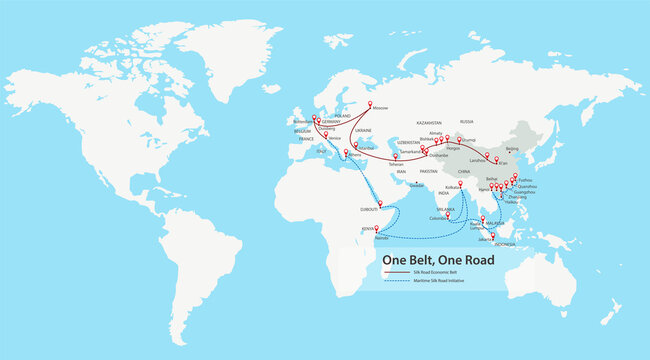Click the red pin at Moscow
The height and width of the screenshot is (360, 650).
[371, 103]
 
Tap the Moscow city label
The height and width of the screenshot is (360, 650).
[380, 108]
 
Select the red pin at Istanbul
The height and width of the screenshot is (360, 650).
[356, 143]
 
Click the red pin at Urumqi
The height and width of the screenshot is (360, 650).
[459, 139]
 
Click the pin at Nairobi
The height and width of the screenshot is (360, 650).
[377, 230]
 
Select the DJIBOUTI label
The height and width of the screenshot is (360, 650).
[369, 210]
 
